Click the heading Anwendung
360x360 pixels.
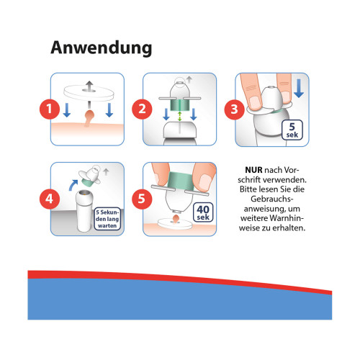102,48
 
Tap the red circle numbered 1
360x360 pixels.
50,109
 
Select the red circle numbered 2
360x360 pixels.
142,109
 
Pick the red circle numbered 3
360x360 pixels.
234,109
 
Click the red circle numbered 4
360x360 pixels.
50,199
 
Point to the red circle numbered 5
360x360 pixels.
142,199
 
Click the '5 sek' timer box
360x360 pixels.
292,130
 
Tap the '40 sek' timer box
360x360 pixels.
203,212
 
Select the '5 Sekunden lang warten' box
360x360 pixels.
107,219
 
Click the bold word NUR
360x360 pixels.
253,170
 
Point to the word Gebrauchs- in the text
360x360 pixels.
272,199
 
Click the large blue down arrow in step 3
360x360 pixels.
299,88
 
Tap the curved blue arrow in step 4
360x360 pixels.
73,185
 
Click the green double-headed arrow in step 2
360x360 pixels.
179,116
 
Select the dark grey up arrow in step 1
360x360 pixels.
89,86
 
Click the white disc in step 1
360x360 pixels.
89,93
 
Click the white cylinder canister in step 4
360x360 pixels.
84,212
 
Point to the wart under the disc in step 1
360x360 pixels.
89,118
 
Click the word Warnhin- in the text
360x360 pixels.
287,218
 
